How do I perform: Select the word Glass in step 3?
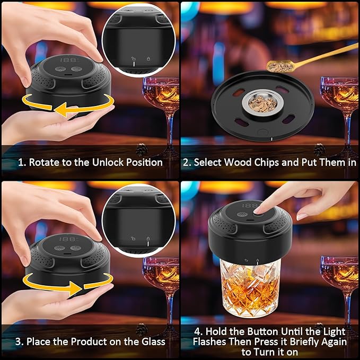[153, 341]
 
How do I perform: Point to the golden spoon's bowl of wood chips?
[280, 66]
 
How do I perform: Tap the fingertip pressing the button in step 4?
[258, 210]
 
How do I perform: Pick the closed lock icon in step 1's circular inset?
[148, 58]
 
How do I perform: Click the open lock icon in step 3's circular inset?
[133, 239]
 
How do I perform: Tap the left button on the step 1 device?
[60, 69]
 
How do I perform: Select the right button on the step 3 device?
[75, 248]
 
